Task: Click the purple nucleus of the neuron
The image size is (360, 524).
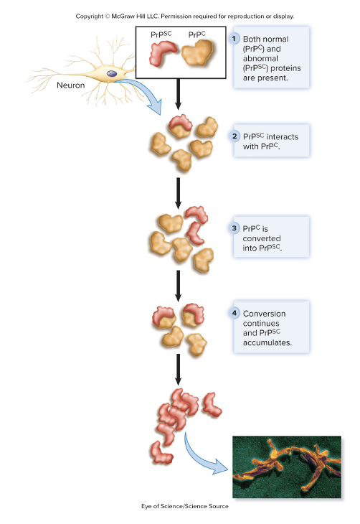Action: coord(111,72)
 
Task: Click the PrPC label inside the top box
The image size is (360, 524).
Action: coord(197,34)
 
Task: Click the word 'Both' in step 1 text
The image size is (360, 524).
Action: coord(255,38)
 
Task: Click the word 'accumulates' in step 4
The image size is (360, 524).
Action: coord(267,343)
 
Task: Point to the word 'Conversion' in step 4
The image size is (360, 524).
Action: coord(265,314)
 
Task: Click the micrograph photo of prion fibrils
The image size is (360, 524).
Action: coord(286,467)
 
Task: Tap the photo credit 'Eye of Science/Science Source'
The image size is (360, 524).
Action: coord(180,506)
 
